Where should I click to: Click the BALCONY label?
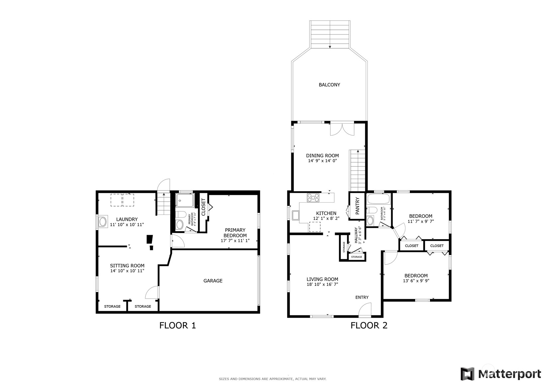point(329,85)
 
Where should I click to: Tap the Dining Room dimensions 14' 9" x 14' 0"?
point(322,161)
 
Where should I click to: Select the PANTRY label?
point(357,206)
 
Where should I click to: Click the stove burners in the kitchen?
point(313,198)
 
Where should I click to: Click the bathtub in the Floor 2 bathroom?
point(378,199)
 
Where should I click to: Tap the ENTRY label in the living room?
point(362,297)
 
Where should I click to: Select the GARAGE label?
point(213,281)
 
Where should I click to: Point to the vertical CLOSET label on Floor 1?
point(203,207)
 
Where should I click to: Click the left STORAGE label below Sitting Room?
point(112,306)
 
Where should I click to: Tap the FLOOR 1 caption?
point(178,325)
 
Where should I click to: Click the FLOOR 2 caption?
point(369,325)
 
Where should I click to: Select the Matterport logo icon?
point(467,374)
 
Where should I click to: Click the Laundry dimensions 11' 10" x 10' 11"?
point(127,225)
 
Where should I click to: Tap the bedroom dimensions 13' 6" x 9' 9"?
point(416,281)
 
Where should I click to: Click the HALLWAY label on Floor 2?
point(356,235)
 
